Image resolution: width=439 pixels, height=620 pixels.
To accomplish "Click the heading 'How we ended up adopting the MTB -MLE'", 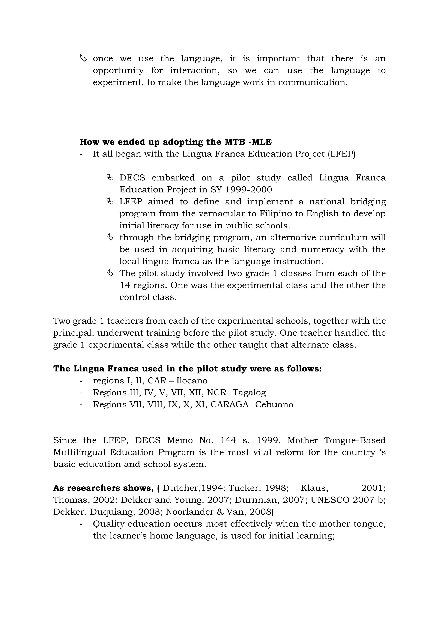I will [176, 142].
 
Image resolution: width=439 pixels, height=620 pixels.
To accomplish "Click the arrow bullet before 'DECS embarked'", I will [110, 178].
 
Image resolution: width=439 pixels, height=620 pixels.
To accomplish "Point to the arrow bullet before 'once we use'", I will [83, 58].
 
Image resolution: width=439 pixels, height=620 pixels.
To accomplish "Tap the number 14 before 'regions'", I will [125, 285].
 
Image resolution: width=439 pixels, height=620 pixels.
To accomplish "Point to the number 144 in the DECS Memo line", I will [228, 440].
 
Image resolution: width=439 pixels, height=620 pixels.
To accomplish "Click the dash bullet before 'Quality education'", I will [81, 524].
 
